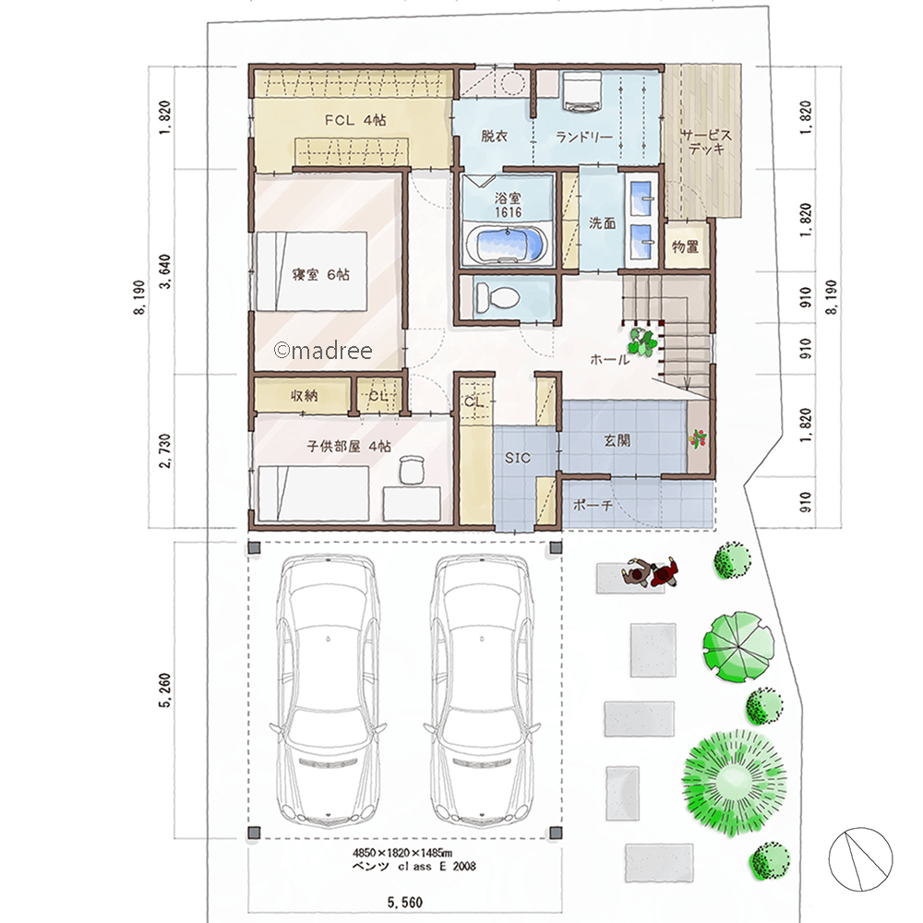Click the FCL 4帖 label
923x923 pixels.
pos(354,120)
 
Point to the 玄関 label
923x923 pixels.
pos(617,440)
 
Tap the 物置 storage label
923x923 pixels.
pos(684,246)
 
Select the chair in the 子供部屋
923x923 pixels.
pos(411,469)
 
